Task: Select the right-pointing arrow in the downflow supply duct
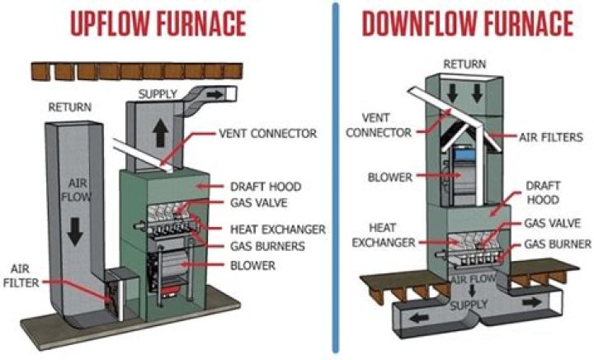[x=527, y=302]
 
